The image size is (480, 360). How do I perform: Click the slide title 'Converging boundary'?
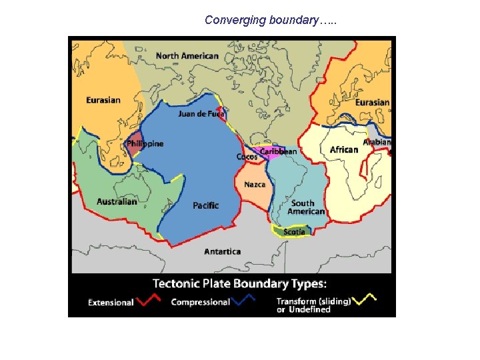(x=271, y=20)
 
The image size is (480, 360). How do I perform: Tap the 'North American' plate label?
(x=187, y=55)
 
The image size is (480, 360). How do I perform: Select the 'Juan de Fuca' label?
(x=201, y=114)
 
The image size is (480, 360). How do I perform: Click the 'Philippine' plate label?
(x=145, y=144)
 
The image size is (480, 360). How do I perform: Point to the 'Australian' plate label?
(x=117, y=202)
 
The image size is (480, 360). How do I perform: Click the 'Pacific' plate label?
(x=205, y=205)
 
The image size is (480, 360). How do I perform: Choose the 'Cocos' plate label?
(x=247, y=157)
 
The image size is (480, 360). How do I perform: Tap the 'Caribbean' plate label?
(x=278, y=151)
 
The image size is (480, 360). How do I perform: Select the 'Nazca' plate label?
(x=255, y=184)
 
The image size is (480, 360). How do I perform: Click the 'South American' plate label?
(x=306, y=207)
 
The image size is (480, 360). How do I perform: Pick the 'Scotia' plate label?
(x=295, y=232)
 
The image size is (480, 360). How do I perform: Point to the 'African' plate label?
(x=344, y=149)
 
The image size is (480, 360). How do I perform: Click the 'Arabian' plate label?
(x=377, y=143)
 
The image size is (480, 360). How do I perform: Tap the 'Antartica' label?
(x=223, y=252)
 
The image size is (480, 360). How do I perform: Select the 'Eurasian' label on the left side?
(x=103, y=100)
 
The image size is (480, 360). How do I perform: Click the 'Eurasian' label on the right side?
(x=372, y=103)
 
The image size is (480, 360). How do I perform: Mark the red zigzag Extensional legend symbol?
(x=148, y=300)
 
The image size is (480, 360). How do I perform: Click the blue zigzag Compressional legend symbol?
(x=244, y=301)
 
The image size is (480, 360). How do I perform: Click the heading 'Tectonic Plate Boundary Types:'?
(x=231, y=283)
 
